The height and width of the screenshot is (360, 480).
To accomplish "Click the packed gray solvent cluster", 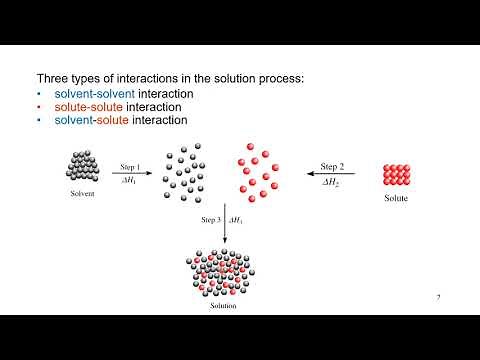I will [82, 166].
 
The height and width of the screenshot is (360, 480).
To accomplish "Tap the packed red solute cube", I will [397, 173].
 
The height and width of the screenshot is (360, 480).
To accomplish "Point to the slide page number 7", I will [439, 298].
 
